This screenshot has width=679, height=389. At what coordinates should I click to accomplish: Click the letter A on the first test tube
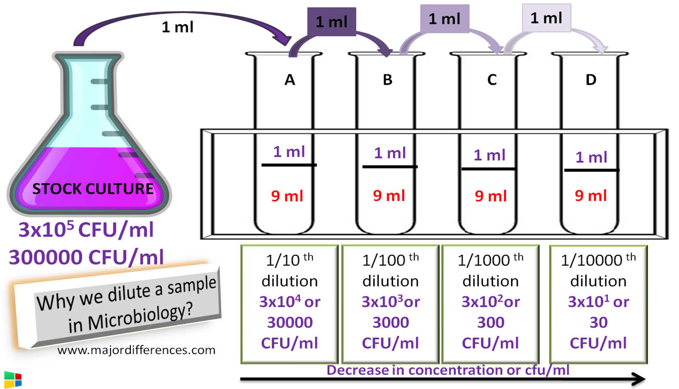tap(290, 80)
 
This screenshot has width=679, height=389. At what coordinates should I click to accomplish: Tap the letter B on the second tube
tap(388, 80)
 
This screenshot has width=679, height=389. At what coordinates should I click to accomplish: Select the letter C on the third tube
tap(492, 80)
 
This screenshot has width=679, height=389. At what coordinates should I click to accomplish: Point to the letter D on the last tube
tap(591, 80)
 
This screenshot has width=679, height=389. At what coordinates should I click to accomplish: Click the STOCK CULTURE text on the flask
tap(93, 189)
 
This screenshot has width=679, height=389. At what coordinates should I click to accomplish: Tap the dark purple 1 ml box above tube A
tap(331, 22)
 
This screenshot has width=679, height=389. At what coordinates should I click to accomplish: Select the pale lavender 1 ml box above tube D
tap(546, 18)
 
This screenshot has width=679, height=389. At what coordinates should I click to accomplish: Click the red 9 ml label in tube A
tap(287, 196)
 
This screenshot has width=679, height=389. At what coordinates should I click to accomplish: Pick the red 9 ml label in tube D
tap(591, 196)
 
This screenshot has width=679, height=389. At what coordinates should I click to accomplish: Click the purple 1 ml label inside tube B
tap(390, 153)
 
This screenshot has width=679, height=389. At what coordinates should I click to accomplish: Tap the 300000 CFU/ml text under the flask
tap(86, 257)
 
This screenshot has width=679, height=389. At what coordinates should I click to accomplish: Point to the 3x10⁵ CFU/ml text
tap(86, 229)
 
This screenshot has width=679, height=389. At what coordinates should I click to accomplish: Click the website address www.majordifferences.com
tap(136, 350)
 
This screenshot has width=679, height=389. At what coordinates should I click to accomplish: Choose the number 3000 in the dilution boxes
tap(391, 323)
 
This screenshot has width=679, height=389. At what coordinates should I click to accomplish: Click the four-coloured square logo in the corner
tap(12, 380)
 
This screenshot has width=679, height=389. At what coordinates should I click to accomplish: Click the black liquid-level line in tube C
tap(489, 169)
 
